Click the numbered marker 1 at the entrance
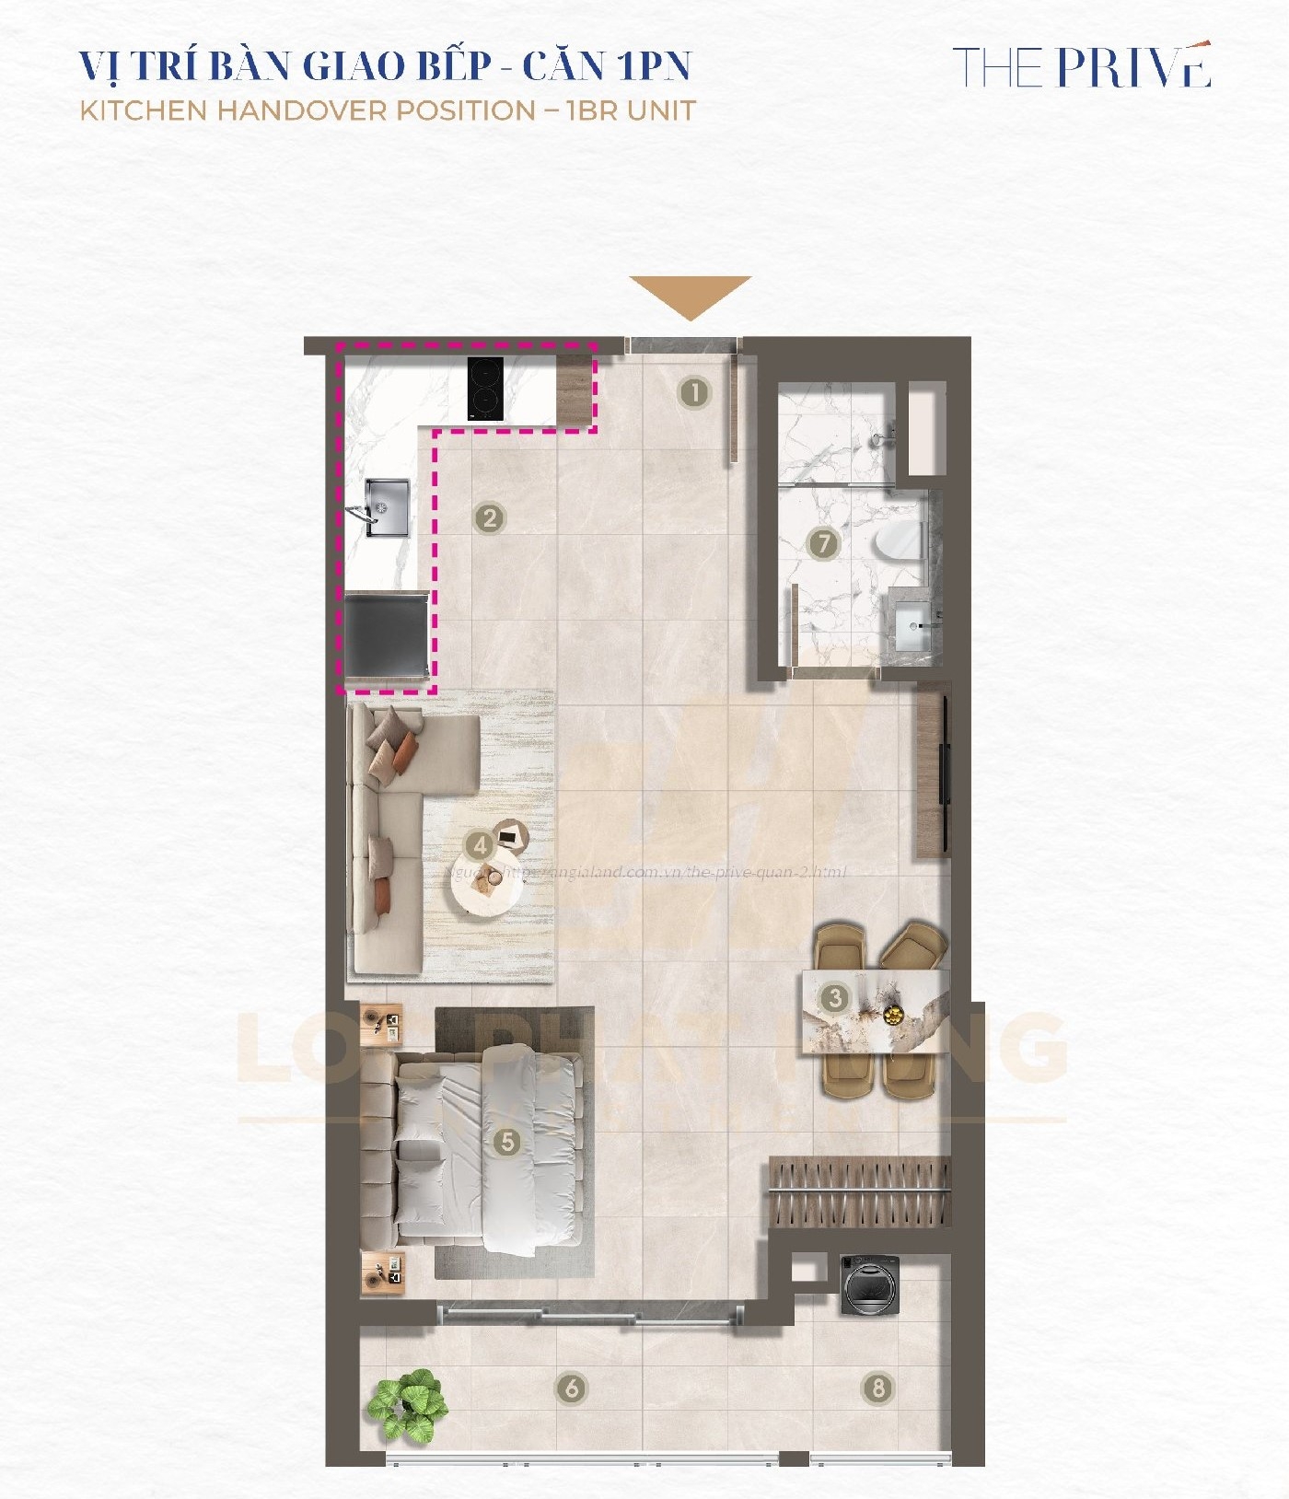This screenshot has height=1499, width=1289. [x=694, y=393]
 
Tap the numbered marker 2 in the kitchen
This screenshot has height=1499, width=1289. [x=490, y=517]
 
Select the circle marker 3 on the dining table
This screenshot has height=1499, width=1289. [x=834, y=997]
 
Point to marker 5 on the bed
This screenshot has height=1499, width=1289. [x=506, y=1143]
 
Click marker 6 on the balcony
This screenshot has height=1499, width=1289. [x=572, y=1387]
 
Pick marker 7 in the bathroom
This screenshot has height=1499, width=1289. [x=823, y=543]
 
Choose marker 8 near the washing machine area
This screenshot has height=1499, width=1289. [x=877, y=1387]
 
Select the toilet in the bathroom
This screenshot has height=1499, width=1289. [x=900, y=541]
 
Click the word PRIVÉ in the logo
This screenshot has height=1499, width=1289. [x=1133, y=66]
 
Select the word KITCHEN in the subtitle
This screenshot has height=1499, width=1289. [x=144, y=110]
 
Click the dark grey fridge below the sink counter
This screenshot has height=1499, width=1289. [x=385, y=635]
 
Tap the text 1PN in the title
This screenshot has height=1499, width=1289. [x=655, y=65]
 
